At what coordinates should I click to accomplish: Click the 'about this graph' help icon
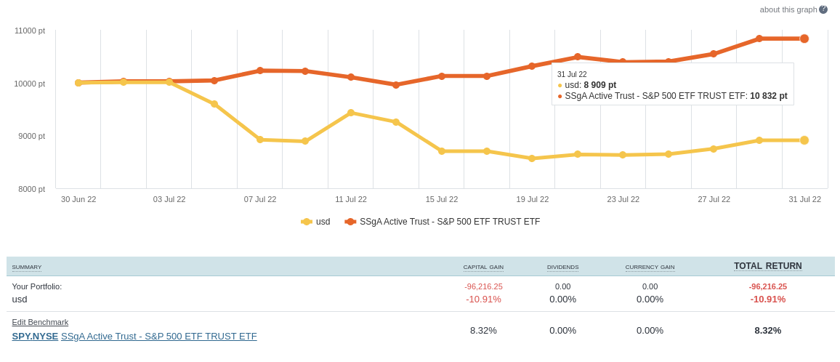(823, 9)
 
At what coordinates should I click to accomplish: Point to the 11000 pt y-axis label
(30, 31)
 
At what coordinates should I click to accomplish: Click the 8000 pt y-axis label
(31, 189)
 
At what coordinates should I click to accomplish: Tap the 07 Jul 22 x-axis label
(260, 199)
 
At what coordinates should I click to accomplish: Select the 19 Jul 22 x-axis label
(533, 199)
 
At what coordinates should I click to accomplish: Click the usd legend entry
(316, 222)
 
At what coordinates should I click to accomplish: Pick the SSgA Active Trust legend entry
(443, 222)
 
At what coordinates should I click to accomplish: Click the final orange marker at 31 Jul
(804, 39)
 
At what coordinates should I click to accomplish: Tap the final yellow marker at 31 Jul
(804, 140)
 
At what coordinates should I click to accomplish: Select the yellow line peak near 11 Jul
(351, 113)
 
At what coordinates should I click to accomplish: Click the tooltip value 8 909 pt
(600, 85)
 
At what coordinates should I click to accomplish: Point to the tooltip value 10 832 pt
(768, 96)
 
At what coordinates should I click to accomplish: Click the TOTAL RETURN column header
(767, 266)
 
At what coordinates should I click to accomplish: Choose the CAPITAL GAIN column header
(483, 268)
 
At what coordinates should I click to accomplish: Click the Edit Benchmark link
(40, 322)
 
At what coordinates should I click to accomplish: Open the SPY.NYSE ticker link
(35, 336)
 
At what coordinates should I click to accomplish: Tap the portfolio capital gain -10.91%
(483, 299)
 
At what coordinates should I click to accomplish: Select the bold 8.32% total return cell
(767, 330)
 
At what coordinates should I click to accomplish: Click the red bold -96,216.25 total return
(767, 286)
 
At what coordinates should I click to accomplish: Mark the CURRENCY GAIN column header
(650, 268)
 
